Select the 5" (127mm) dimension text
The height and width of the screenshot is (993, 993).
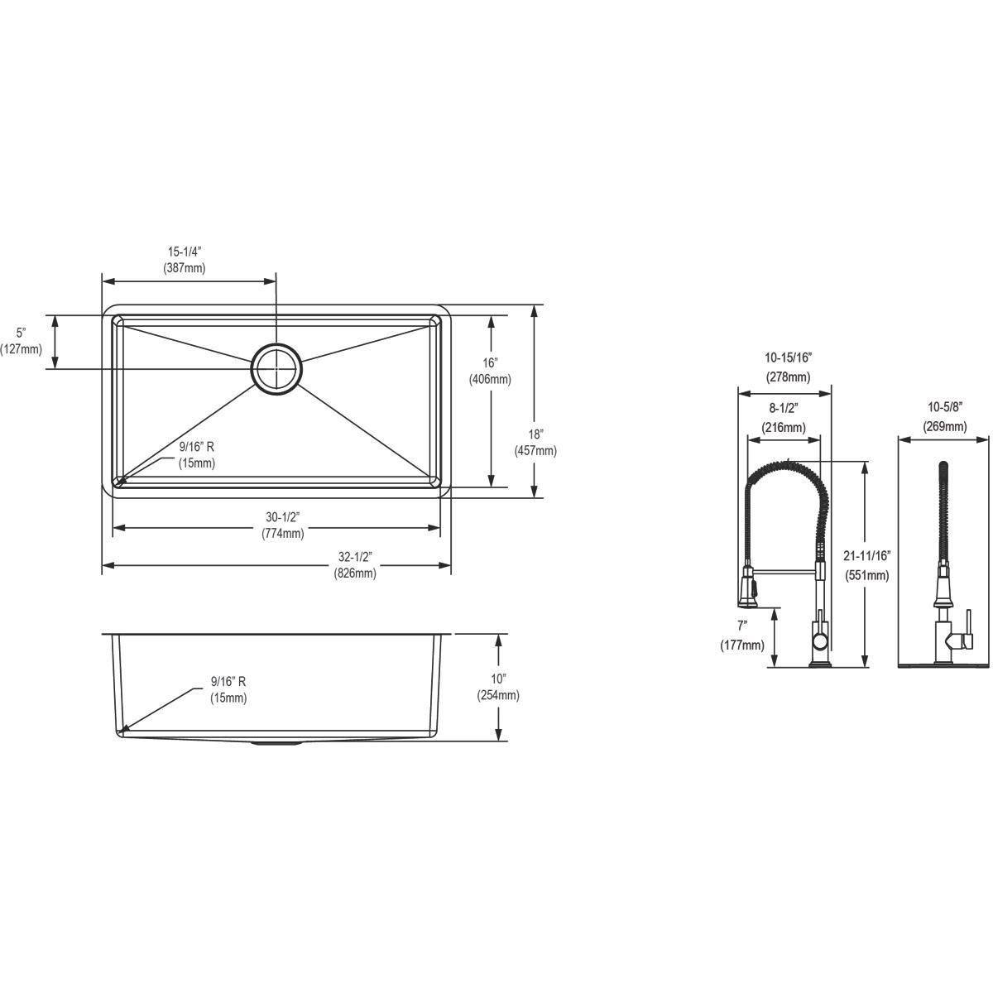pyautogui.click(x=22, y=340)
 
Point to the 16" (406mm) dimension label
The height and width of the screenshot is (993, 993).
pyautogui.click(x=491, y=371)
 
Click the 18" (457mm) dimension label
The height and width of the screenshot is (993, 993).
pyautogui.click(x=536, y=443)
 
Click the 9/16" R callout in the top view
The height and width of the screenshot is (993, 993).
pyautogui.click(x=197, y=455)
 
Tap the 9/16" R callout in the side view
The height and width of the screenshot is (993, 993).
pyautogui.click(x=228, y=689)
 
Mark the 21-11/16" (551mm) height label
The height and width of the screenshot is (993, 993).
pyautogui.click(x=866, y=564)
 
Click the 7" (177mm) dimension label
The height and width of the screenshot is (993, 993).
pyautogui.click(x=743, y=636)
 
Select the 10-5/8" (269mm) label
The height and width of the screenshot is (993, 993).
pyautogui.click(x=944, y=417)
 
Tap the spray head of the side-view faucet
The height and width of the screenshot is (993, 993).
pyautogui.click(x=748, y=588)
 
